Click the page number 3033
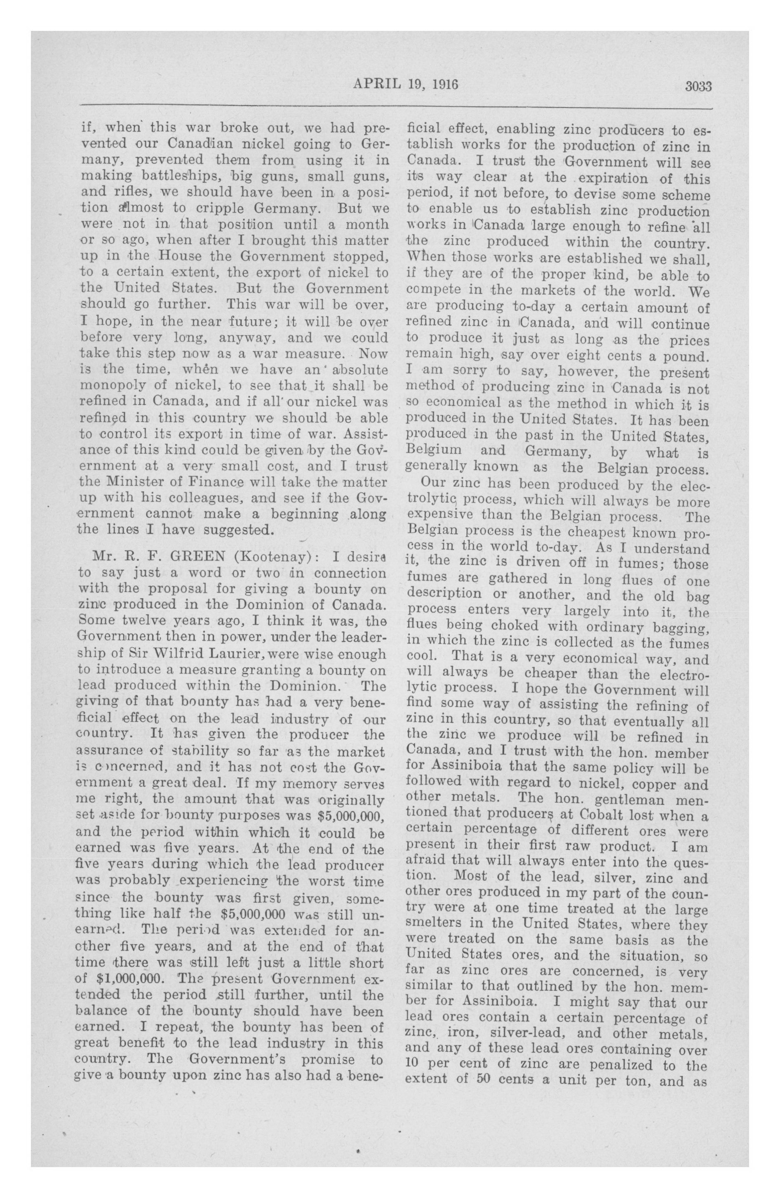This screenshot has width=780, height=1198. click(x=698, y=86)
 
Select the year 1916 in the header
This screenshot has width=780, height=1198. click(x=444, y=84)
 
